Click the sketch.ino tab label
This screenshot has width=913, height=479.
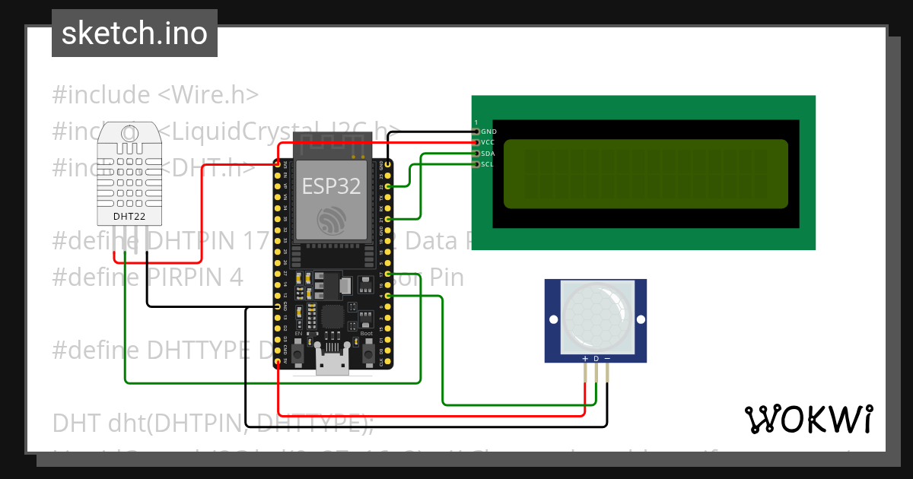coord(135,33)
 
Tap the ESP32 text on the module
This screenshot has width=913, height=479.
coord(332,186)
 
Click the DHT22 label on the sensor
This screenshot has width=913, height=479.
coord(129,217)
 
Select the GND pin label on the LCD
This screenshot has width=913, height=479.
coord(488,132)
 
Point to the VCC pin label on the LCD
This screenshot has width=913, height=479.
coord(488,142)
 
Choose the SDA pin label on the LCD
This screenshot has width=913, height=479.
coord(488,153)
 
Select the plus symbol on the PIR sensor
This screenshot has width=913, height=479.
coord(585,358)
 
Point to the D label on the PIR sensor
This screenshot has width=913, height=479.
coord(596,358)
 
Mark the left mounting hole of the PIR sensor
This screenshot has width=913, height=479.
coord(553,318)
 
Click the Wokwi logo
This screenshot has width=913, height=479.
coord(808,419)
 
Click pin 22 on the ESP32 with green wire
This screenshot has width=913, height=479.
coord(388,186)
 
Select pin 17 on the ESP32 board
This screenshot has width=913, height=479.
coord(388,273)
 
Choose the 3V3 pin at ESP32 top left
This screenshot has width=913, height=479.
coord(278,163)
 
